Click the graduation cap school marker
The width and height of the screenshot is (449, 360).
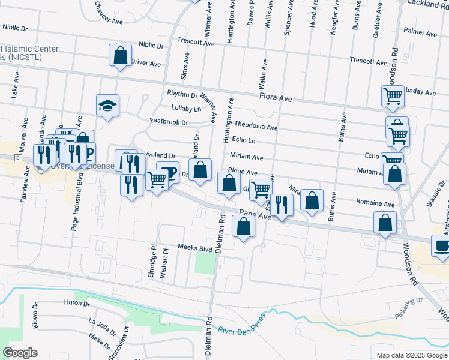click(x=108, y=106)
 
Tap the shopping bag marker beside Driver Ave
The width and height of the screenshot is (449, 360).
click(x=121, y=56)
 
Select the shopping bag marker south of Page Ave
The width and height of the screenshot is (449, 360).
click(x=243, y=227)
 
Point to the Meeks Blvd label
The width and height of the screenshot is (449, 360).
click(x=195, y=248)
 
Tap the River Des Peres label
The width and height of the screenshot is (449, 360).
click(x=242, y=331)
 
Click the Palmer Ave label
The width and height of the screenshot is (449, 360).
click(x=420, y=30)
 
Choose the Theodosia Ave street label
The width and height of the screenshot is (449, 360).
click(x=255, y=127)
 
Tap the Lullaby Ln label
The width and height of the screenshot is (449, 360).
click(x=185, y=109)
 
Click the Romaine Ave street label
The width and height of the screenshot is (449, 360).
click(x=375, y=203)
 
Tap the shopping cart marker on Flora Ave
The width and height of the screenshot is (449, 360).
click(x=393, y=96)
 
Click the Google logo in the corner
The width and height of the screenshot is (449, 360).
click(x=20, y=353)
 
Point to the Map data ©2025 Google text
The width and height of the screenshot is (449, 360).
click(x=411, y=355)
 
